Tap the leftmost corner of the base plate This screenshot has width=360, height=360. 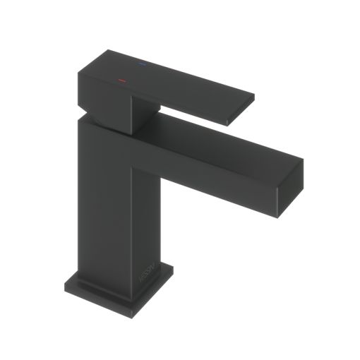click(65, 281)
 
